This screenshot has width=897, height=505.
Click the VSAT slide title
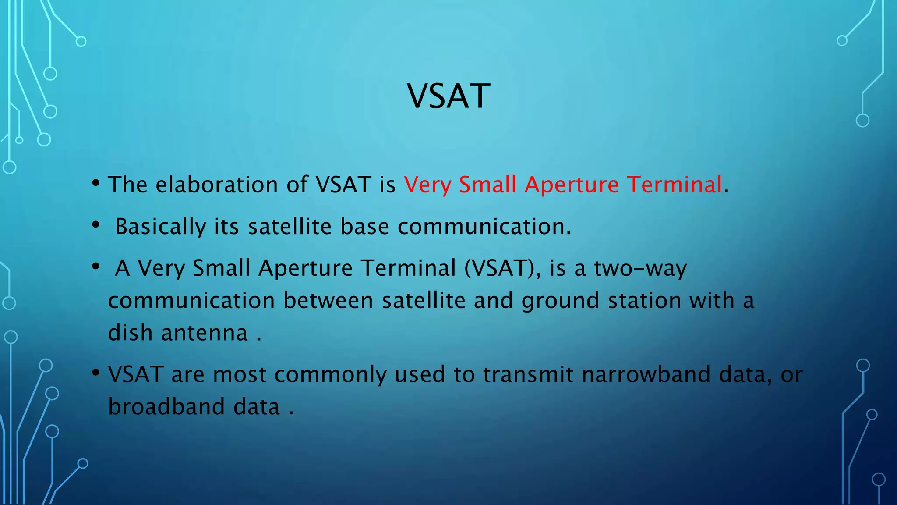pos(448,96)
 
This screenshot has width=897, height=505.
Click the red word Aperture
pos(572,185)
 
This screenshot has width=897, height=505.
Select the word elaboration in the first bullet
pos(217,184)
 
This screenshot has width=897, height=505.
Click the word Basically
pos(160,227)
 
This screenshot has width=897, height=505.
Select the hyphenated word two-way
pos(640,268)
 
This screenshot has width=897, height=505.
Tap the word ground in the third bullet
pos(560,301)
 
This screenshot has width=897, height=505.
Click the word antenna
pos(204,333)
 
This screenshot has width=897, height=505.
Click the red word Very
pos(427,185)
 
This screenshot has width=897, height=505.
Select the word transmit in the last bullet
pos(528,374)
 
